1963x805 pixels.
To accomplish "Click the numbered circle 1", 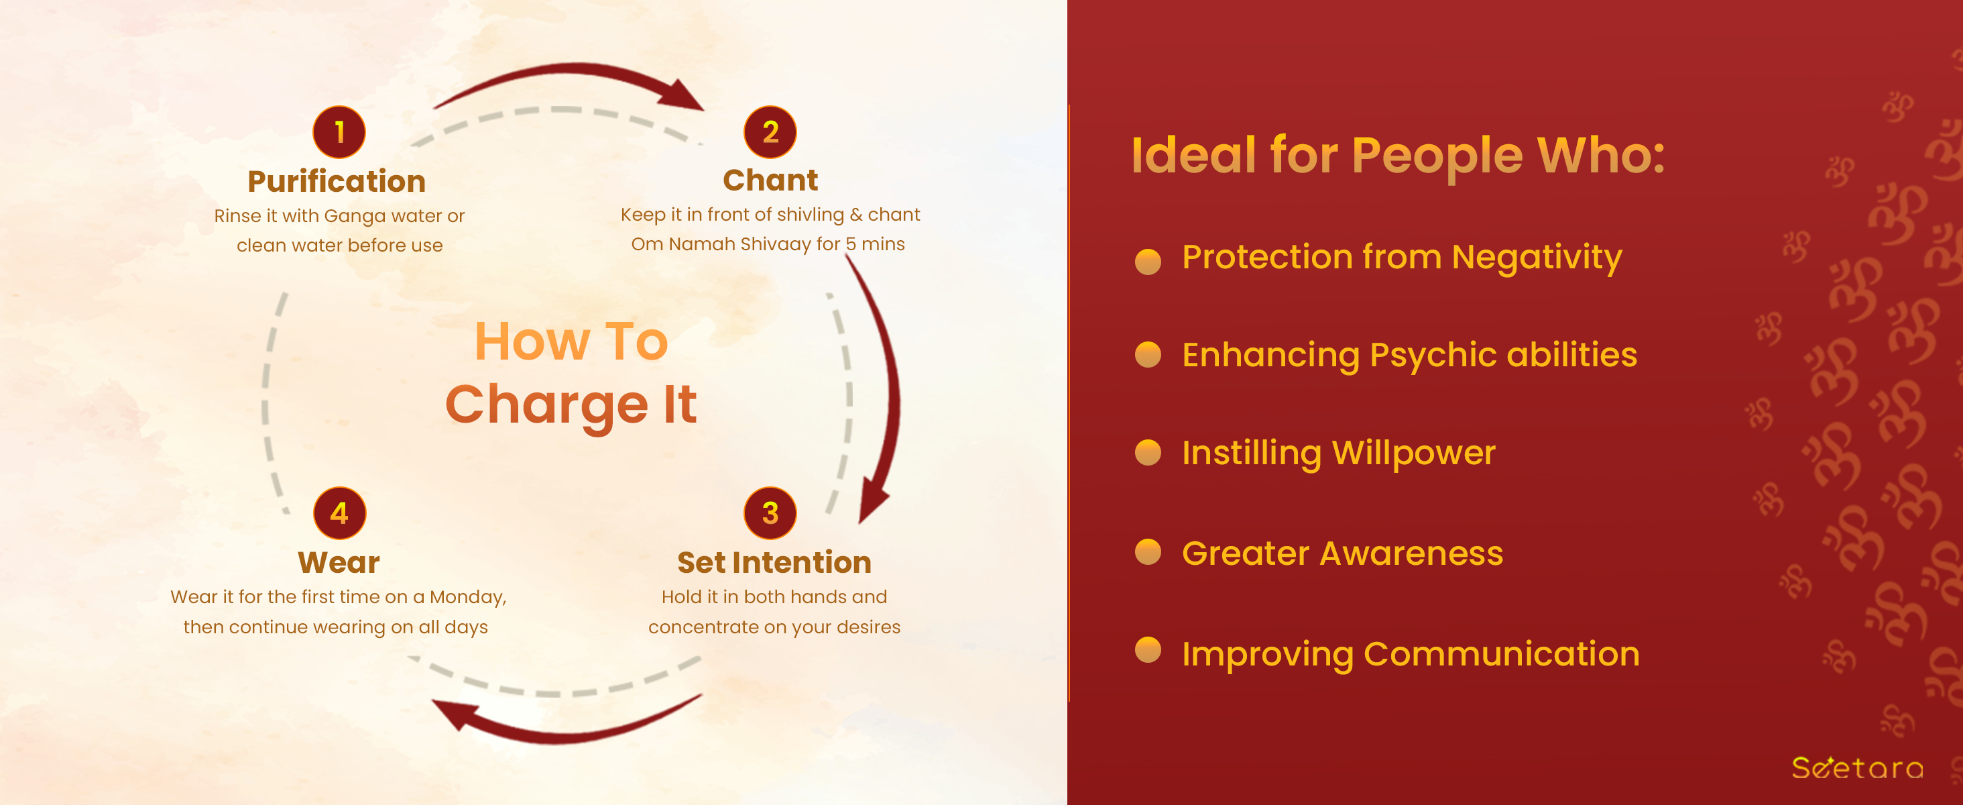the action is (339, 132).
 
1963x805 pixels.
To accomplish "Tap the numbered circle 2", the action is (770, 132).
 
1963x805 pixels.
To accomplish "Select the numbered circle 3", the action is (770, 513).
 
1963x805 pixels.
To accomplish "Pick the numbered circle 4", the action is (339, 513).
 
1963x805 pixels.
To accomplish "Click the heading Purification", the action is (337, 181).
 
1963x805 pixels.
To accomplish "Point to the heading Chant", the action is (770, 180).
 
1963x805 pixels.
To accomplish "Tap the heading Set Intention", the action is (774, 563).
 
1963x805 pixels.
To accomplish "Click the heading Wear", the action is (339, 563).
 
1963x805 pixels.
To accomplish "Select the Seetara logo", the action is (1857, 767).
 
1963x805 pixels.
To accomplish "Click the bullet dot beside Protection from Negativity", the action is (1148, 261).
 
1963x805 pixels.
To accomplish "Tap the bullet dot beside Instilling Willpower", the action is (1148, 452).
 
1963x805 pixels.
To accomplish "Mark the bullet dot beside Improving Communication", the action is (1148, 650).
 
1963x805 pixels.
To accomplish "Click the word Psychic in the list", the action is (1432, 356).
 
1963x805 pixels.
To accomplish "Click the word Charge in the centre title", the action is (546, 405).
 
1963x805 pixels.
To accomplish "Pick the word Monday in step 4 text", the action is (468, 598).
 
